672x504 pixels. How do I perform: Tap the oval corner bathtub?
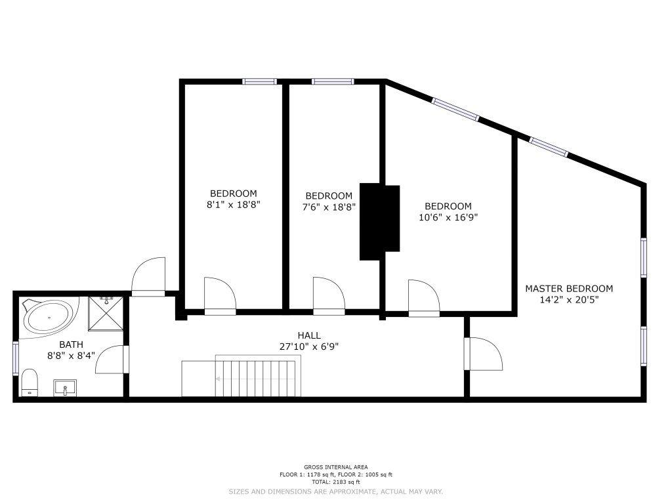tap(48, 317)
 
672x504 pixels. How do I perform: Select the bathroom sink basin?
tap(65, 388)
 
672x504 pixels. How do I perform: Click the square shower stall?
tap(106, 314)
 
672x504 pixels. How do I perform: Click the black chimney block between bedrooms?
tap(379, 222)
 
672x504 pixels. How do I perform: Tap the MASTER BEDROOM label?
tap(569, 289)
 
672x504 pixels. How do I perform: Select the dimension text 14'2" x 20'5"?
tap(569, 299)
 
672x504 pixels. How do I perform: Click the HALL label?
tap(309, 335)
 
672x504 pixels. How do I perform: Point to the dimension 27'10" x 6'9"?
tap(309, 346)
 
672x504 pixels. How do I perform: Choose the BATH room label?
tap(71, 344)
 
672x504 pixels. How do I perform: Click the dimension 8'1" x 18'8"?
tap(234, 205)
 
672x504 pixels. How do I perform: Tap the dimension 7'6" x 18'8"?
tap(329, 207)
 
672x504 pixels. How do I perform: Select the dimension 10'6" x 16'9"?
tap(448, 217)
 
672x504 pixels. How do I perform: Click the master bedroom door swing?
tap(484, 354)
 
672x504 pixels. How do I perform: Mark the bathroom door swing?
tap(112, 359)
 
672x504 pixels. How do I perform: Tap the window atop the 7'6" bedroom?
tap(333, 81)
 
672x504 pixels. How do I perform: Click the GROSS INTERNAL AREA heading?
tap(336, 467)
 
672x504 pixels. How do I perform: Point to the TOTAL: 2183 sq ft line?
tap(336, 482)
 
